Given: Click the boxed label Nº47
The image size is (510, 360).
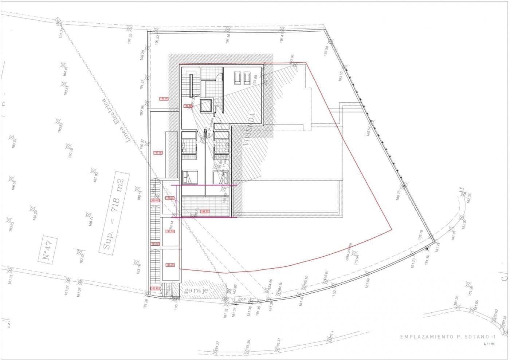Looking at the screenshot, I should [48, 250].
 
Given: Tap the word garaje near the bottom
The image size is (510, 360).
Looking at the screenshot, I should [196, 290].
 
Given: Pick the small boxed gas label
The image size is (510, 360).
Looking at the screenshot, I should [242, 299].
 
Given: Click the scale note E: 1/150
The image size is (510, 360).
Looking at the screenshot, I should [489, 343].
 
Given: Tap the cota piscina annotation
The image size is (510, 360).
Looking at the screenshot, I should [349, 252].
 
